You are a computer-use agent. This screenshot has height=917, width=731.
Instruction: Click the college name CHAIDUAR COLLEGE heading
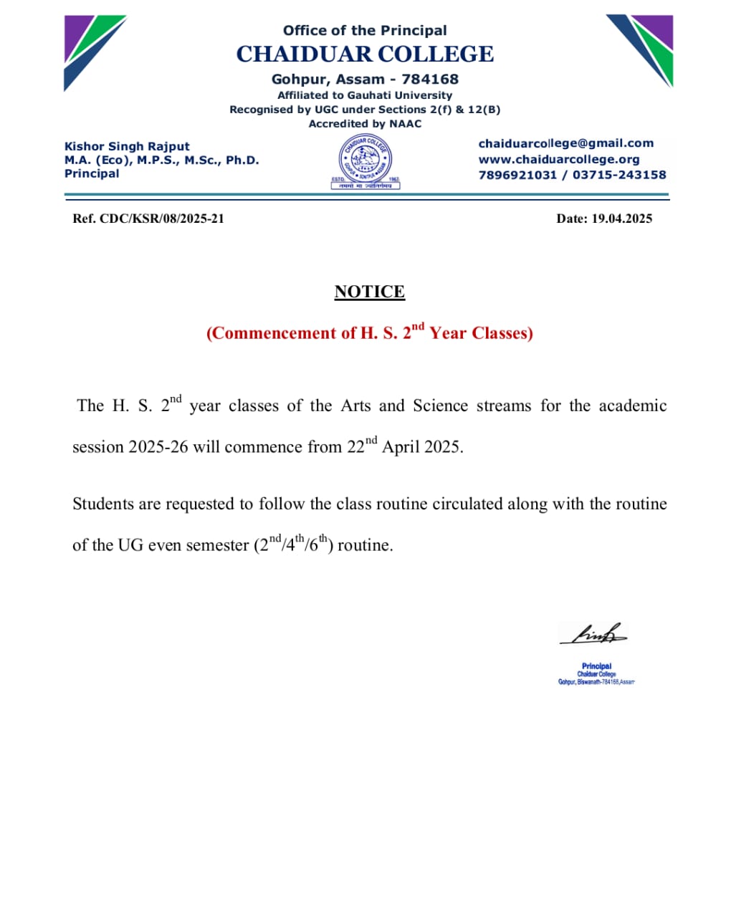(x=365, y=54)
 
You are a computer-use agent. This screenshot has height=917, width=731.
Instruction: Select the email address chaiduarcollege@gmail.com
(x=565, y=143)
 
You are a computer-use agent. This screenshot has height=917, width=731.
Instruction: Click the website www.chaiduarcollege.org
(x=558, y=159)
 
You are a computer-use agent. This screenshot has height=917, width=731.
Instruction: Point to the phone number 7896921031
(x=517, y=175)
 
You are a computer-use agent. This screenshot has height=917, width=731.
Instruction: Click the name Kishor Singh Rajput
(x=127, y=146)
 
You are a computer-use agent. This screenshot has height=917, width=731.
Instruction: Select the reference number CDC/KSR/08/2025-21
(x=161, y=219)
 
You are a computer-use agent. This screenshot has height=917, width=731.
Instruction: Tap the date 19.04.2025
(x=621, y=219)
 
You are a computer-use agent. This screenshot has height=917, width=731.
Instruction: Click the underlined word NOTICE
(x=369, y=292)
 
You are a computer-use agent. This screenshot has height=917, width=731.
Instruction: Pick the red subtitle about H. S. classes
(x=369, y=332)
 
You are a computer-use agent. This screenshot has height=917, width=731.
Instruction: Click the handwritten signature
(x=593, y=634)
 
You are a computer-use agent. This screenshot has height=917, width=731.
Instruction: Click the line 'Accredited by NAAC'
(x=365, y=124)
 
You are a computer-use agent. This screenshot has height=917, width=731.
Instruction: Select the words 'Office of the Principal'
(x=365, y=30)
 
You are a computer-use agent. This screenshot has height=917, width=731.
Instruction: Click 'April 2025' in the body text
(x=422, y=447)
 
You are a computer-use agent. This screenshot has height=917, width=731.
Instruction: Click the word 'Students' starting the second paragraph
(x=102, y=504)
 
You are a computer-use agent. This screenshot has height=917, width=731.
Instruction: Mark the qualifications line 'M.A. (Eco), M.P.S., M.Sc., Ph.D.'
(x=161, y=160)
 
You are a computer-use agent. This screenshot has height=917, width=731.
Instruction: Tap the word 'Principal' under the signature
(x=596, y=666)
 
